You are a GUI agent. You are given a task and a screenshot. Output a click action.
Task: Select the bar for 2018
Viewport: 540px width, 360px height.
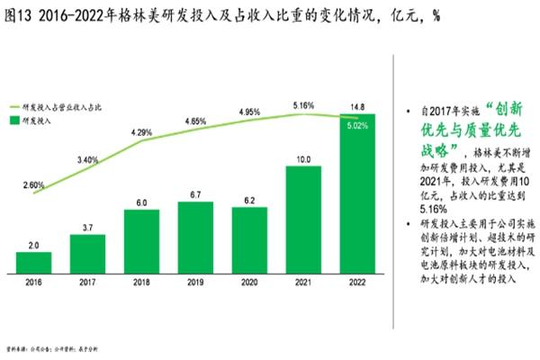point(141,241)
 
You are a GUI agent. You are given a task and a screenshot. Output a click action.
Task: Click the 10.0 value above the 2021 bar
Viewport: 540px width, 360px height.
point(303,160)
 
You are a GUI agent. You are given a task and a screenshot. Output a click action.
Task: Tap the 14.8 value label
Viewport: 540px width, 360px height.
point(357,105)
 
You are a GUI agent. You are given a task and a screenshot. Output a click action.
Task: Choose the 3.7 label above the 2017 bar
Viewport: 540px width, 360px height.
point(87,228)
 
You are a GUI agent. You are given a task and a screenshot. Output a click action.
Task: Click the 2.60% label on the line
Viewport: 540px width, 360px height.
point(33,184)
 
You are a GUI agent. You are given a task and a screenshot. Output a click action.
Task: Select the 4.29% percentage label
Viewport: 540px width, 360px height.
point(142,132)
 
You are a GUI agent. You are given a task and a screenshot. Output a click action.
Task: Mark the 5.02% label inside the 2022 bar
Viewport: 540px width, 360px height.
point(357,126)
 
